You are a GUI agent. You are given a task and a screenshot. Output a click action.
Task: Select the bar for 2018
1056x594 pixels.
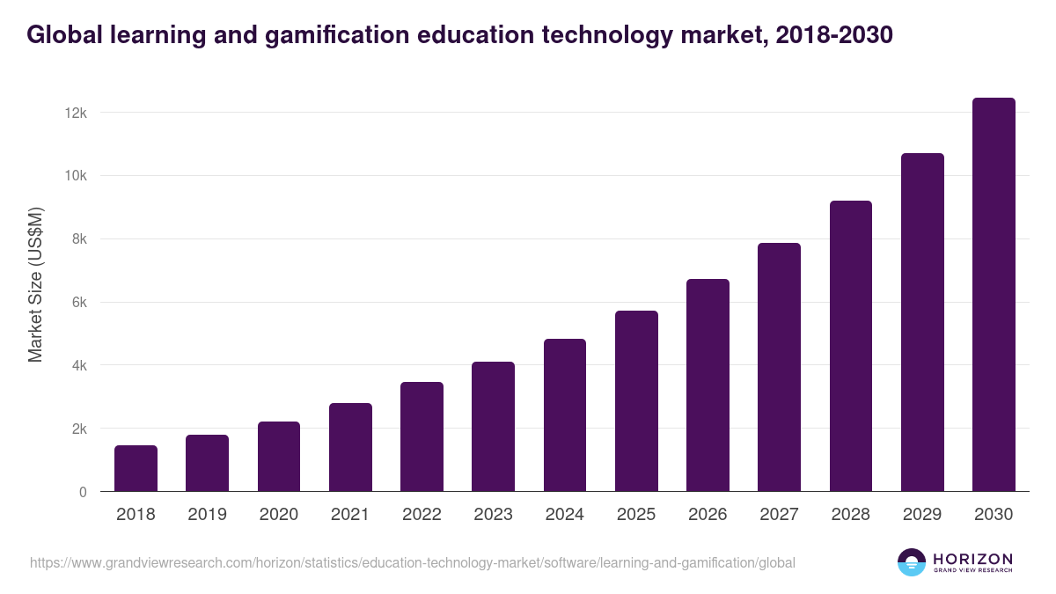(136, 469)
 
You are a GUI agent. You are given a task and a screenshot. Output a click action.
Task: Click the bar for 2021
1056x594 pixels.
(350, 448)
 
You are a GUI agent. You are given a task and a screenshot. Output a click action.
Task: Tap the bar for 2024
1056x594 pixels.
(565, 415)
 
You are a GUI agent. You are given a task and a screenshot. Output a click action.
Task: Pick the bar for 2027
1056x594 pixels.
(779, 368)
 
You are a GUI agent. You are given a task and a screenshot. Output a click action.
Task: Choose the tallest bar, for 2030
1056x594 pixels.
(994, 295)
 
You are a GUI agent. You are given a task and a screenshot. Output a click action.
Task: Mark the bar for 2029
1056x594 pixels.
(922, 322)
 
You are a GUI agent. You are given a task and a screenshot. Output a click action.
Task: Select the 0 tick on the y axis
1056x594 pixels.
(83, 492)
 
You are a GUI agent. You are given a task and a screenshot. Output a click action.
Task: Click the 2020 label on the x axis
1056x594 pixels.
(278, 515)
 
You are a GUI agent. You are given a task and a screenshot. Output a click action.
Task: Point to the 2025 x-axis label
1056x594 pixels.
(636, 515)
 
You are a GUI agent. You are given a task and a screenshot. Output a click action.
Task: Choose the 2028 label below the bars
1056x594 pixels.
(851, 515)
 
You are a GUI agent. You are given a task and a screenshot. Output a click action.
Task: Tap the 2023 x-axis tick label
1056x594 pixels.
(493, 515)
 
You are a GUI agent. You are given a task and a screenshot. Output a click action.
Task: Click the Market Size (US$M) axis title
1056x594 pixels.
(35, 285)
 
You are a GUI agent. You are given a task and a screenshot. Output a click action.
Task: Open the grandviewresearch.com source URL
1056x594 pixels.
(413, 562)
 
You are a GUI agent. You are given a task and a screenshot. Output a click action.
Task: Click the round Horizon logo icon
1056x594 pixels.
(912, 562)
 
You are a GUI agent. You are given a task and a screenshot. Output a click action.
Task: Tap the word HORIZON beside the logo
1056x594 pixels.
(972, 559)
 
